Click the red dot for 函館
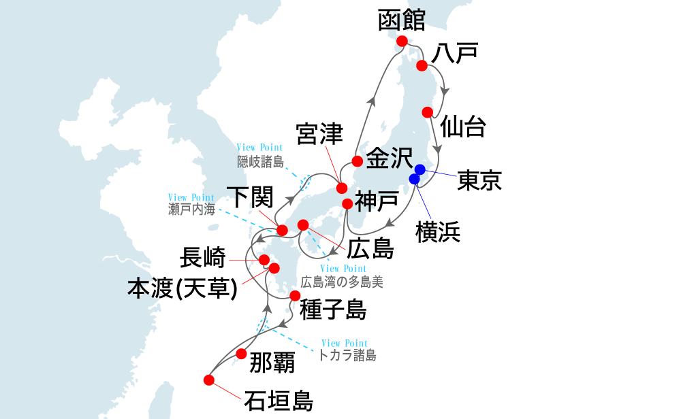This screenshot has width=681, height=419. [402, 41]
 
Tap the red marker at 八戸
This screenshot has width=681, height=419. [422, 65]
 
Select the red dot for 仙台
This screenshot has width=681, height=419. [428, 112]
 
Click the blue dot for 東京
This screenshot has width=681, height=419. [420, 169]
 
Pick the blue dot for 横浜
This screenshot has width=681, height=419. [414, 179]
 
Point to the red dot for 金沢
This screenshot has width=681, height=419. [356, 161]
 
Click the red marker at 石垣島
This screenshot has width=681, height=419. [209, 380]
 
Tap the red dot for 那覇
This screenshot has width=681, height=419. [241, 354]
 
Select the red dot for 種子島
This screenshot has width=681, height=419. [294, 295]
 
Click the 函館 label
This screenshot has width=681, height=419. [402, 20]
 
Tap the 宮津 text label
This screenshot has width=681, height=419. [320, 135]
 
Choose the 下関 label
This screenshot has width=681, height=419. [250, 198]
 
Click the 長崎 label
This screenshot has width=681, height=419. [202, 258]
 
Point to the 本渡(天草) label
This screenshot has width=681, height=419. [183, 288]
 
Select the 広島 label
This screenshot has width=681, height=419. [370, 248]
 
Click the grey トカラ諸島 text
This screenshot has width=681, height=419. [347, 355]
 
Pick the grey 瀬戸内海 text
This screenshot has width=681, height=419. [191, 209]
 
